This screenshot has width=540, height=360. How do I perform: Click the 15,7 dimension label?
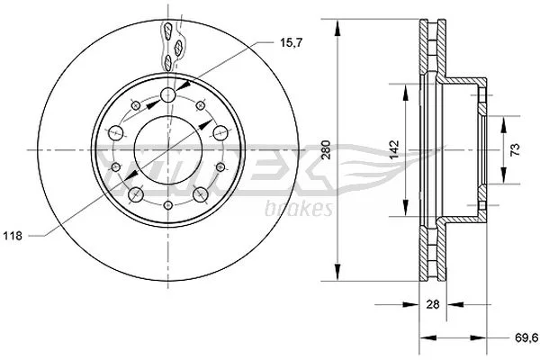[291, 43]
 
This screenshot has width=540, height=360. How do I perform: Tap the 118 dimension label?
[13, 236]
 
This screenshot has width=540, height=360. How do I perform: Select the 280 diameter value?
[326, 150]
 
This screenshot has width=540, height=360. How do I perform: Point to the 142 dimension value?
[394, 149]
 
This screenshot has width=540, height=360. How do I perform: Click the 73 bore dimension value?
[515, 150]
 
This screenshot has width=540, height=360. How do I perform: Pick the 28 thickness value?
[433, 304]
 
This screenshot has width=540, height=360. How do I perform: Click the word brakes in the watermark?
[299, 209]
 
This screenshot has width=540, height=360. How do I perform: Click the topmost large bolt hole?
[168, 94]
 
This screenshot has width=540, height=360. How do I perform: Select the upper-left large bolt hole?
[115, 133]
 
